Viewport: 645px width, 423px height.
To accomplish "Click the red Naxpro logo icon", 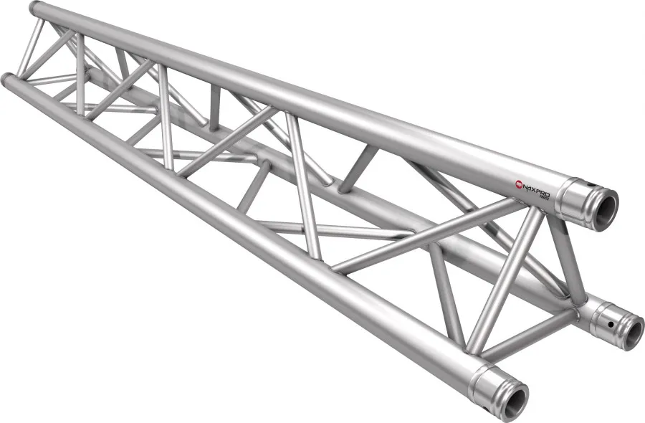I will click(520, 185).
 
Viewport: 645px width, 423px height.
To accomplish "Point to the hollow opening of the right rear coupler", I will click(631, 331).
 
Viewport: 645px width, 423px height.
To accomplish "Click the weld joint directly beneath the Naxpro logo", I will click(534, 208).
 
